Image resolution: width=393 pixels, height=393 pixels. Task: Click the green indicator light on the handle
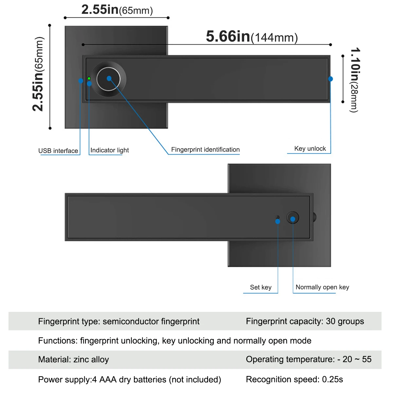pyautogui.click(x=89, y=78)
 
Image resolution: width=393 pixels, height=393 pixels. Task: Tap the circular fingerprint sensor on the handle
pyautogui.click(x=109, y=79)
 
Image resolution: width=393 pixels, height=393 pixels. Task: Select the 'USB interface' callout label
pyautogui.click(x=58, y=151)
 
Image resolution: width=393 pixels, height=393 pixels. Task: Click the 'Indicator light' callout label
pyautogui.click(x=109, y=150)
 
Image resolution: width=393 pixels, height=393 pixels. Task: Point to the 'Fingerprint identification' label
pyautogui.click(x=205, y=149)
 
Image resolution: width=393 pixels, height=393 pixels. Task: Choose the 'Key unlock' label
pyautogui.click(x=310, y=148)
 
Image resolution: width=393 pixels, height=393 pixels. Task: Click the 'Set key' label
pyautogui.click(x=261, y=287)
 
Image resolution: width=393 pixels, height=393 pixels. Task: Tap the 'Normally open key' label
pyautogui.click(x=322, y=287)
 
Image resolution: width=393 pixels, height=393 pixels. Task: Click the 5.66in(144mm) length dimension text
pyautogui.click(x=252, y=37)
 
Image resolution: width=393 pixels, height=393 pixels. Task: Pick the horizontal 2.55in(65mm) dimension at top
pyautogui.click(x=117, y=10)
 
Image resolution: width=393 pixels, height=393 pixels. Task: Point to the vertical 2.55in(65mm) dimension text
pyautogui.click(x=38, y=74)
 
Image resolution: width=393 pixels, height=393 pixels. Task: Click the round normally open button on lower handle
pyautogui.click(x=293, y=218)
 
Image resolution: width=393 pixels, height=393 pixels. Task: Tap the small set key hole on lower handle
pyautogui.click(x=278, y=217)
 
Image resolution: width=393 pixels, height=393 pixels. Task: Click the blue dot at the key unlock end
pyautogui.click(x=330, y=79)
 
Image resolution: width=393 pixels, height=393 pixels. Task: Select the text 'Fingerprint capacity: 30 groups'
pyautogui.click(x=305, y=321)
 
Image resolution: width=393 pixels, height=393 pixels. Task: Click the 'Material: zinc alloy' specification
pyautogui.click(x=73, y=360)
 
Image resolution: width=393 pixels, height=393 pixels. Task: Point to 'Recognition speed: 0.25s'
pyautogui.click(x=294, y=379)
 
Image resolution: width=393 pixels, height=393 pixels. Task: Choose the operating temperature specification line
pyautogui.click(x=309, y=359)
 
